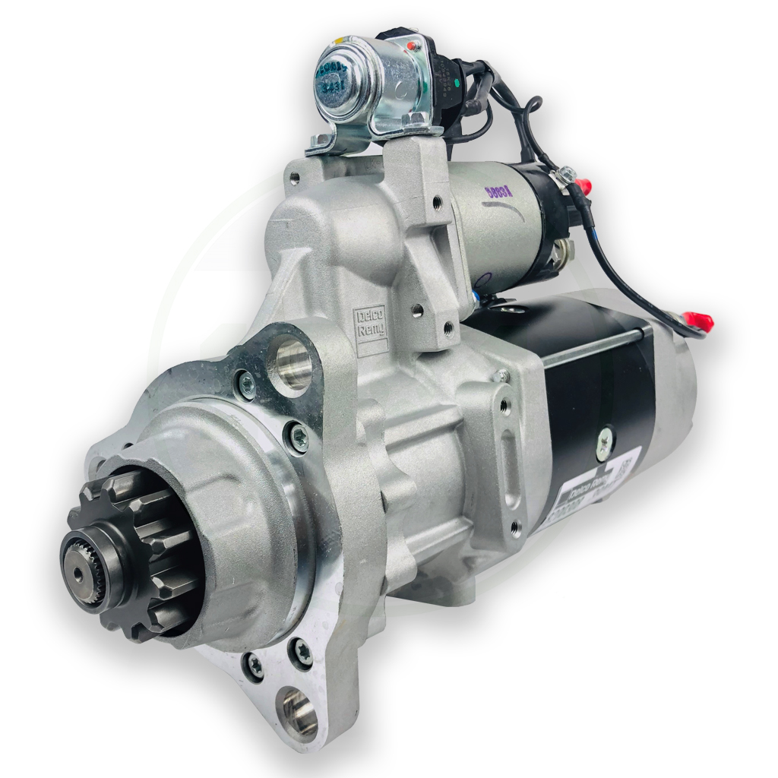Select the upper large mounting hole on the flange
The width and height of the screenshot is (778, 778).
tap(292, 365)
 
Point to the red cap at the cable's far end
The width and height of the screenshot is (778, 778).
tap(700, 321)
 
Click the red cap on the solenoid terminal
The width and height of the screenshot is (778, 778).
tap(583, 185)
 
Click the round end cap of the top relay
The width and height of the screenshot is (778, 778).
tap(340, 81)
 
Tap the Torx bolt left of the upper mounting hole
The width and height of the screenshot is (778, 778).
tap(245, 384)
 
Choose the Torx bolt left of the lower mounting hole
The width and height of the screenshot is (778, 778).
tap(255, 666)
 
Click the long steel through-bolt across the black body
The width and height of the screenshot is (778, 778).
tap(593, 345)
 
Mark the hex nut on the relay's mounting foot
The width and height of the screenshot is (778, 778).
tap(416, 119)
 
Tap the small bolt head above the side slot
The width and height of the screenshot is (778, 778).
tap(501, 376)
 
